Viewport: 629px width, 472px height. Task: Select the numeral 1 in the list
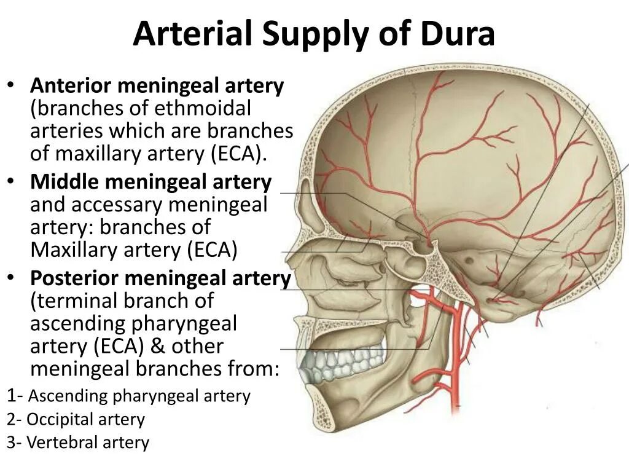pos(12,396)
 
